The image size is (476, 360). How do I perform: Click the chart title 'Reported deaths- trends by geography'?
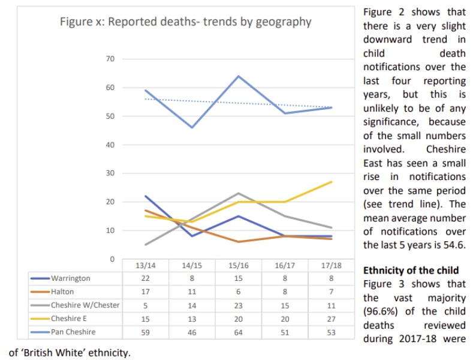[185, 22]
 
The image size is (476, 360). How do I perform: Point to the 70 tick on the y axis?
[110, 59]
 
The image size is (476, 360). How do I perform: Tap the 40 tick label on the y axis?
[110, 145]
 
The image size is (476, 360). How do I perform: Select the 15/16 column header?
[239, 265]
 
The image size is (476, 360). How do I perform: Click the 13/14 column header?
[146, 265]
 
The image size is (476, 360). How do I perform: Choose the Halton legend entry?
[62, 292]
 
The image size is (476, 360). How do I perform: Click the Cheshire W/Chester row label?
[85, 305]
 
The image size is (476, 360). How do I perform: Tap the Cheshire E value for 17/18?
[331, 318]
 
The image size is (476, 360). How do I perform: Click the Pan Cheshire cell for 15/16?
[239, 331]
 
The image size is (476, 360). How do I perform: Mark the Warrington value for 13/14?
[146, 278]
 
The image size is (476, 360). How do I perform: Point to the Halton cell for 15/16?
[239, 292]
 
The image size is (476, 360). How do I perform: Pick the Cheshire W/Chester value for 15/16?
[239, 305]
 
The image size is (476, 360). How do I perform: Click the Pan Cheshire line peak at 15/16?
[239, 76]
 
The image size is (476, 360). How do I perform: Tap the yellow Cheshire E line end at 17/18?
[331, 182]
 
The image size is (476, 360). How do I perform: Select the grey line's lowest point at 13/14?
[146, 245]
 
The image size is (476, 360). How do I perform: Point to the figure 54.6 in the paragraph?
[453, 245]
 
